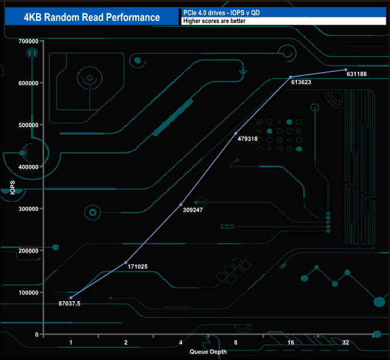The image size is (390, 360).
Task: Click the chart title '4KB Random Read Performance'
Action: coord(92,17)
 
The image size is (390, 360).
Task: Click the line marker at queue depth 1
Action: coord(71,298)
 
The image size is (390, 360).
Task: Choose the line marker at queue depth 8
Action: coord(236,133)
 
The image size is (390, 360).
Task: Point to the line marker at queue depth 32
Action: coord(346,70)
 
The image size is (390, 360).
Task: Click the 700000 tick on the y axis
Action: coord(29,41)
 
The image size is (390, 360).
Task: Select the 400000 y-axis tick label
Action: coord(29,167)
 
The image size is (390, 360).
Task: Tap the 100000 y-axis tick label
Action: coord(29,293)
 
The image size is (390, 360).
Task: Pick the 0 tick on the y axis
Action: coord(38,335)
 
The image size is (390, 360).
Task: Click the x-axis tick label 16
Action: coord(291,343)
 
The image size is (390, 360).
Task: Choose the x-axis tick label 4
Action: coord(181,343)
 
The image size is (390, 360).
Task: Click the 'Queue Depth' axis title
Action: coord(208,352)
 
